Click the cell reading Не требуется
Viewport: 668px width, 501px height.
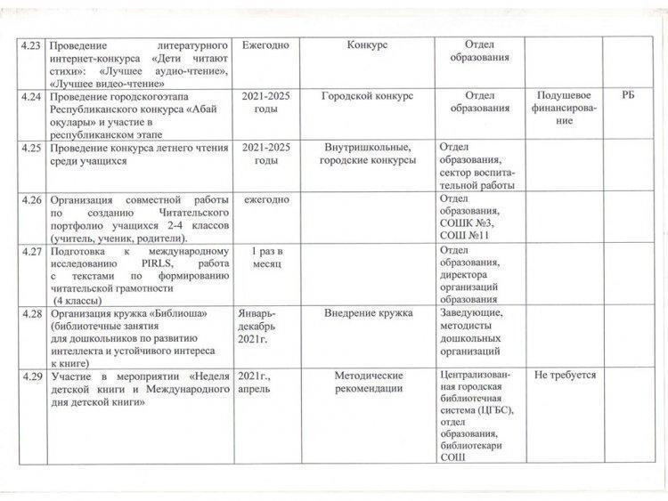(x=565, y=376)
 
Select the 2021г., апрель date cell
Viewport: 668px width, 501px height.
(x=257, y=384)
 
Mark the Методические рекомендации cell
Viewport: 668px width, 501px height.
(x=369, y=383)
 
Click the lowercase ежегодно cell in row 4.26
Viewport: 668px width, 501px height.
(x=265, y=200)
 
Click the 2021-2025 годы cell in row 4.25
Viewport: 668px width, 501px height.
(x=265, y=154)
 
